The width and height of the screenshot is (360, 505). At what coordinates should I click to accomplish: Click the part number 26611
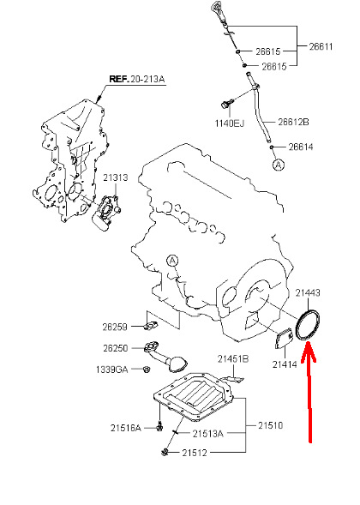click(x=321, y=46)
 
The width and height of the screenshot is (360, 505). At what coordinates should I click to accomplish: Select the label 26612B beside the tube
click(x=293, y=122)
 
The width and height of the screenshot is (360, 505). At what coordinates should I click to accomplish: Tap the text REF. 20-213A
click(x=137, y=79)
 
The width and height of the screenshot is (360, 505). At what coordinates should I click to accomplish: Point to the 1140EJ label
click(x=230, y=123)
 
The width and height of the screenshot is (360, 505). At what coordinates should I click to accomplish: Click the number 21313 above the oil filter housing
click(x=115, y=177)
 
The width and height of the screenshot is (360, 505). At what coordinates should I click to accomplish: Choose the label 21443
click(x=308, y=292)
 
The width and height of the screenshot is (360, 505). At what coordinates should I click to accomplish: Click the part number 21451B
click(x=233, y=358)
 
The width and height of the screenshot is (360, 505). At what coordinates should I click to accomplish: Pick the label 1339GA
click(x=111, y=370)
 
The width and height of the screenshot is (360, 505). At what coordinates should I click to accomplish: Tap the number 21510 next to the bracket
click(x=270, y=425)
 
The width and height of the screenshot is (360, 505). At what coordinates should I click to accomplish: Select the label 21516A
click(x=126, y=428)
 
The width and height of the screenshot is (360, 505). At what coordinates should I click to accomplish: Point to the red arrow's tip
click(x=308, y=342)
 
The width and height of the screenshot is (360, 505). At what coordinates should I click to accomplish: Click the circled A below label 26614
click(x=279, y=165)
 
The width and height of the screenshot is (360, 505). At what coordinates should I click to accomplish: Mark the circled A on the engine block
click(x=172, y=261)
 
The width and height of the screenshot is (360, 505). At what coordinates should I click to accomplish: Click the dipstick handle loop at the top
click(x=215, y=7)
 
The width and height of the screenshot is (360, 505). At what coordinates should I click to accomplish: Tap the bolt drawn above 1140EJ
click(x=225, y=104)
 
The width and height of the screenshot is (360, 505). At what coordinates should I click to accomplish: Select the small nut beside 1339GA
click(x=146, y=369)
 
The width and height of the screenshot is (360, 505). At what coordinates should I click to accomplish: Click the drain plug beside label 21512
click(x=165, y=452)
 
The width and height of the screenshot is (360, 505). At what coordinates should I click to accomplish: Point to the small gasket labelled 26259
click(x=151, y=326)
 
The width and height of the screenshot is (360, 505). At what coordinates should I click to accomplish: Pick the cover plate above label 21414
click(x=284, y=340)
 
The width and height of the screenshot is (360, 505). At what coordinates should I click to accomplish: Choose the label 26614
click(x=301, y=147)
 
